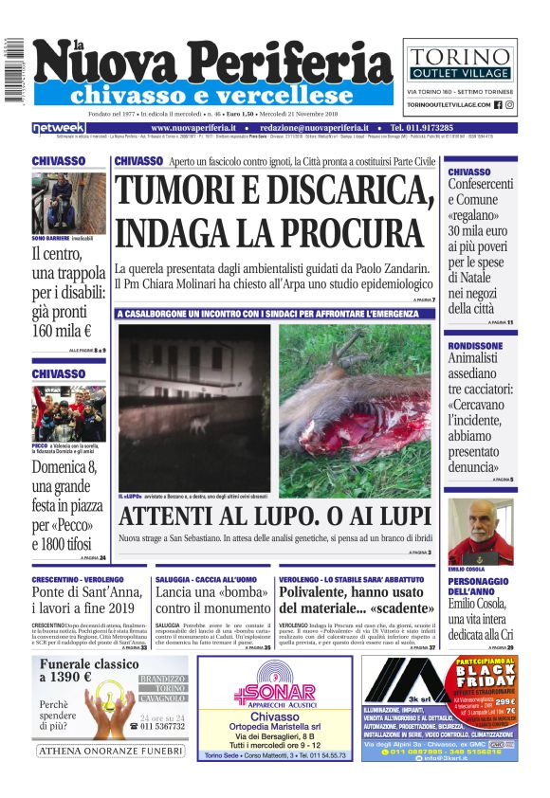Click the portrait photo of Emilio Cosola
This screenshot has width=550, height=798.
tap(480, 532)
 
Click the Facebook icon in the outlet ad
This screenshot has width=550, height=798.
tap(498, 104)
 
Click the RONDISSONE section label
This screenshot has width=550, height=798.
tap(476, 346)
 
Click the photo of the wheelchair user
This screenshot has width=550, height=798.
tap(68, 201)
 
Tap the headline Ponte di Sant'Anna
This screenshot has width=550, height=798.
tap(85, 592)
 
